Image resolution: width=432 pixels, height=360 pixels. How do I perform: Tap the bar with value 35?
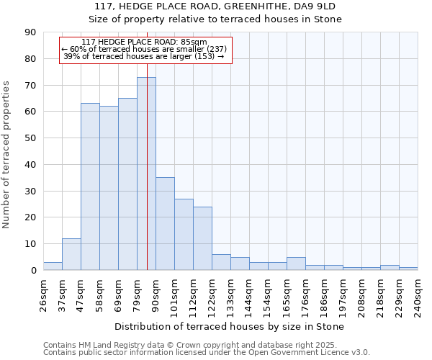click(165, 223)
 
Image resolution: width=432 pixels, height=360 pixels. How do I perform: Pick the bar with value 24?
click(202, 238)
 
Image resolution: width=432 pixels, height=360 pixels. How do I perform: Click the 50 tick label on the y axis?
click(30, 138)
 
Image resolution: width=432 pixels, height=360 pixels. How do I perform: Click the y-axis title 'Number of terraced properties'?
click(7, 154)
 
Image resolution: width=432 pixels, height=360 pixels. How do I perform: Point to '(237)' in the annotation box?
click(216, 49)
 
